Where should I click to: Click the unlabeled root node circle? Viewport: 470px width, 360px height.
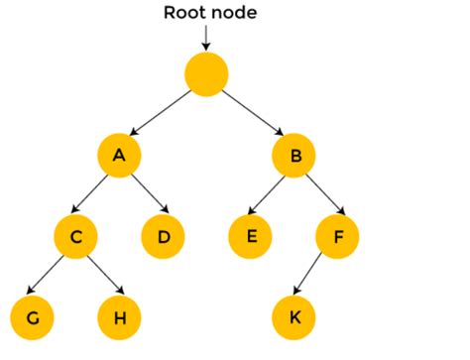pos(206,74)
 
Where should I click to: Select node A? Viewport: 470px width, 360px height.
pos(119,155)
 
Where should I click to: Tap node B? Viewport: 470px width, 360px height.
pos(294,155)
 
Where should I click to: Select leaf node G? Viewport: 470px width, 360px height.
pos(32,318)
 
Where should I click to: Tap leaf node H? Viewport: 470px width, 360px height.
pos(119,318)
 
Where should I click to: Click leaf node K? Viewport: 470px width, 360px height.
pos(294,318)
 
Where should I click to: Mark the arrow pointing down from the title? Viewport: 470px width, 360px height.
pos(206,38)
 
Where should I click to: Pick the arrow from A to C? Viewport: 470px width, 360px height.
pos(97,195)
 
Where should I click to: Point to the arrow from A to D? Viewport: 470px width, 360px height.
pos(141,195)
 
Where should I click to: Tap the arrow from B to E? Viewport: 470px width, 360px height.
pos(272,195)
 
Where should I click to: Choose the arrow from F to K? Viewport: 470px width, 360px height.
pos(315,278)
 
